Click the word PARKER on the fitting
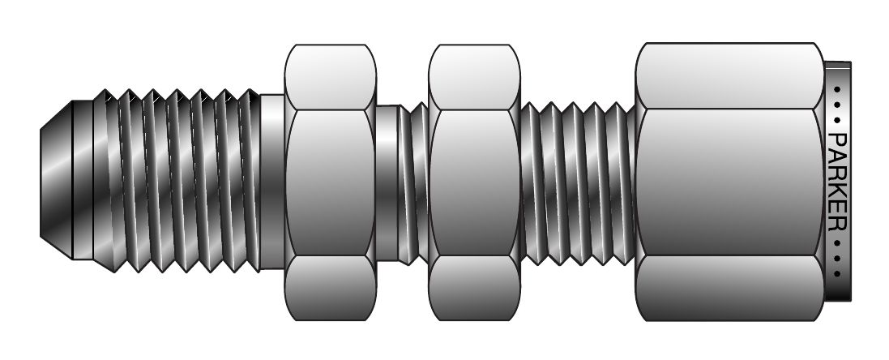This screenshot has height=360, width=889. [837, 182]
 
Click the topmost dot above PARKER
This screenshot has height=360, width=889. [837, 89]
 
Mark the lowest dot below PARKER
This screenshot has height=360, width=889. [837, 274]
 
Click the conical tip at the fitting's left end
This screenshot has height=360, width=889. [56, 180]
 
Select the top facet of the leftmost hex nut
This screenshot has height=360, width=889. [330, 77]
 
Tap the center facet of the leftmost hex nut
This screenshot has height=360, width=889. [330, 182]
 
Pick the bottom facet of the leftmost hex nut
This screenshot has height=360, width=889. [330, 288]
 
